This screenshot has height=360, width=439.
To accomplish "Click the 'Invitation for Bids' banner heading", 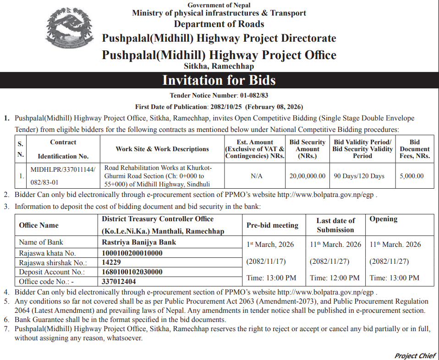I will click(x=219, y=81).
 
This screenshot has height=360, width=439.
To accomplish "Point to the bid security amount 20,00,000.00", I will click(x=307, y=176).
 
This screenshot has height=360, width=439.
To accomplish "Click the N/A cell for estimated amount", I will click(x=256, y=176).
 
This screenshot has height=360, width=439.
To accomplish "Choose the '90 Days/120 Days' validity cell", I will click(x=359, y=176).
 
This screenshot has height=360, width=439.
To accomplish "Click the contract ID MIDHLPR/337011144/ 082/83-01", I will click(x=63, y=176).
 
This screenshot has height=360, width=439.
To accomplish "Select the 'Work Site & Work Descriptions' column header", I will click(x=162, y=149).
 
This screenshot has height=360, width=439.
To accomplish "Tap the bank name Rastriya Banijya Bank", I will click(x=139, y=242).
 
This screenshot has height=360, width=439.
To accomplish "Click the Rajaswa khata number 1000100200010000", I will click(x=132, y=253).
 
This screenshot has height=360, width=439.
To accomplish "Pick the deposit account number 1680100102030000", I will click(x=132, y=272).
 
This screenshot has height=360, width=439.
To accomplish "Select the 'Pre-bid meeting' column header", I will click(x=272, y=225).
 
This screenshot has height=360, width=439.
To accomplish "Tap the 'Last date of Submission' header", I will click(x=335, y=225).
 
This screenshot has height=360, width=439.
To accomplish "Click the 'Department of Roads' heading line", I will click(x=219, y=24).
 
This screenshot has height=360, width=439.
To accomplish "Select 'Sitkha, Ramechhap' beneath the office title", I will click(x=219, y=66).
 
